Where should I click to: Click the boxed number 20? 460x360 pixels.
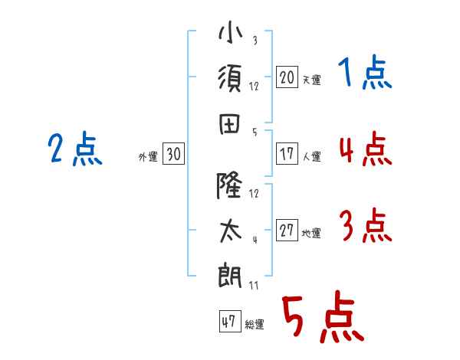(x=287, y=77)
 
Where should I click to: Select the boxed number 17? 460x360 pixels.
(x=287, y=154)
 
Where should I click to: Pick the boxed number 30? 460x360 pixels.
(x=173, y=155)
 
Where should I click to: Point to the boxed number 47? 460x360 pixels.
(x=228, y=322)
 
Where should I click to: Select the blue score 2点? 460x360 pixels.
(x=75, y=149)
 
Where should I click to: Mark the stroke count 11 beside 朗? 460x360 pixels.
(x=254, y=286)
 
